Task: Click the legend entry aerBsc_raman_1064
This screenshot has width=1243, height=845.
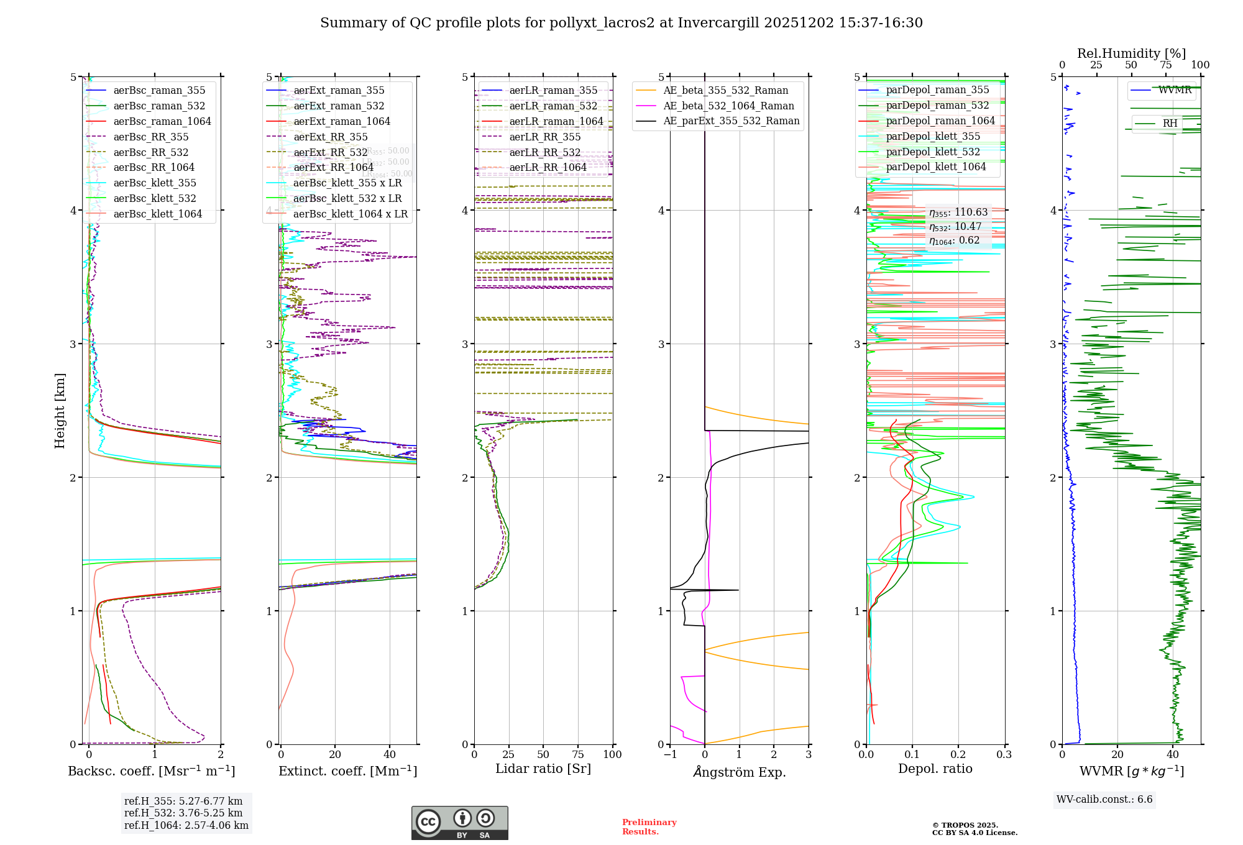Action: [162, 121]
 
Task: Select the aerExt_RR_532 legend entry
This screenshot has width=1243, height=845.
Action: [330, 152]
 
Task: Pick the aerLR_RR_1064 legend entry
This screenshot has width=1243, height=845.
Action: [548, 167]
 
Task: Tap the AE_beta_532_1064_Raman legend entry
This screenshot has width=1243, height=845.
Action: [728, 106]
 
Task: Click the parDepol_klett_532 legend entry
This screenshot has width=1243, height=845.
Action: [932, 152]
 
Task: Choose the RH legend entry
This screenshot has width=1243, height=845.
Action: [1170, 123]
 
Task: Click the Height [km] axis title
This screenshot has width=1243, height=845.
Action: [60, 410]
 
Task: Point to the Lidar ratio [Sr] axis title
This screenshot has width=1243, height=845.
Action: [543, 769]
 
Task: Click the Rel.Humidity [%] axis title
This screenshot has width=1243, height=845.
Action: [1131, 53]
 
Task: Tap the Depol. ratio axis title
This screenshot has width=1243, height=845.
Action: [935, 769]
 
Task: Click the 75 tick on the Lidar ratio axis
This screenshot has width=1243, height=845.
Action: [578, 754]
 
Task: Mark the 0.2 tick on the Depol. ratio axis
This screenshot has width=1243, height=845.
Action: [958, 754]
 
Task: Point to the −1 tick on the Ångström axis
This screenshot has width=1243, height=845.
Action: [670, 754]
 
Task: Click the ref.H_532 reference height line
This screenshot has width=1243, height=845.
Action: [183, 813]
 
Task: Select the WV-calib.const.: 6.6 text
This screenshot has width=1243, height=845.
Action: [1104, 799]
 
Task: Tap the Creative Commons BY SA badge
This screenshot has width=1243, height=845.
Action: [459, 823]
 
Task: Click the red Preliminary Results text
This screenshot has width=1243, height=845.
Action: [649, 826]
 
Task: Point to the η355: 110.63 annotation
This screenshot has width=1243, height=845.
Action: [958, 212]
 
